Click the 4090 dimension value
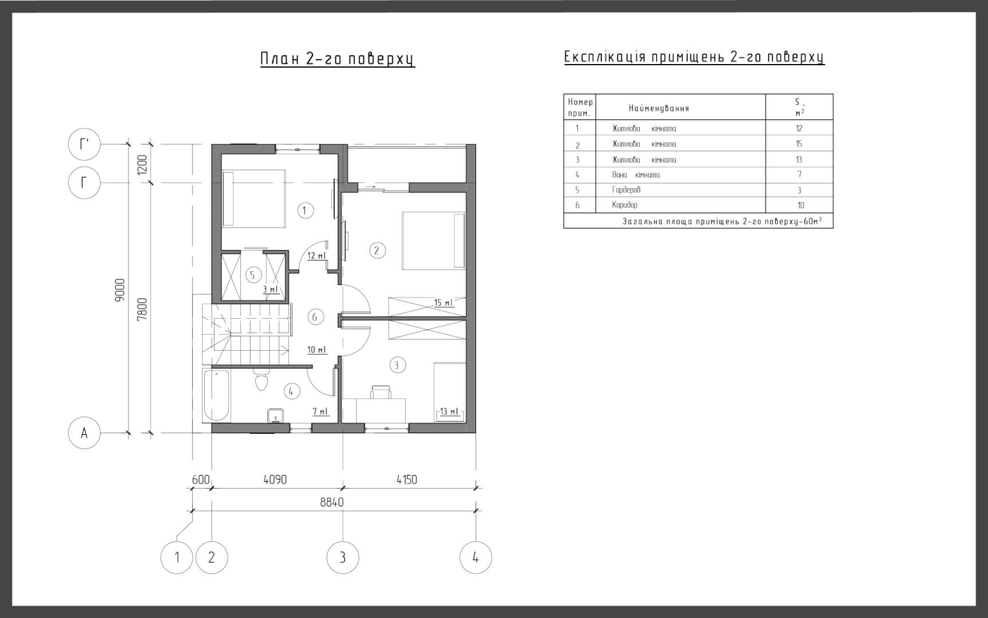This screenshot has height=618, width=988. tap(275, 480)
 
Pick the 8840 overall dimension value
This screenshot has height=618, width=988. tap(332, 502)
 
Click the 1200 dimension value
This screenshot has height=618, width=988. tap(142, 165)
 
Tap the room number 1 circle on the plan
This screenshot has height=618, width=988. tap(305, 211)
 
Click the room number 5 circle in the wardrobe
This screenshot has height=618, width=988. tap(253, 275)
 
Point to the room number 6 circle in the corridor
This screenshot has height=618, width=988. tap(315, 317)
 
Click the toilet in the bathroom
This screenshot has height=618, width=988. tap(261, 378)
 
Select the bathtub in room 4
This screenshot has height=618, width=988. tap(217, 395)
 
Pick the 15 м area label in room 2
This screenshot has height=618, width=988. tap(443, 303)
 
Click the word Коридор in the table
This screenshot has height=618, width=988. tap(625, 205)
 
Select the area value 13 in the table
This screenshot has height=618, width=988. tap(799, 160)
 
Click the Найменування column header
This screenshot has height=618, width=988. tap(659, 108)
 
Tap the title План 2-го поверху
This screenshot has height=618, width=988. tap(338, 60)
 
